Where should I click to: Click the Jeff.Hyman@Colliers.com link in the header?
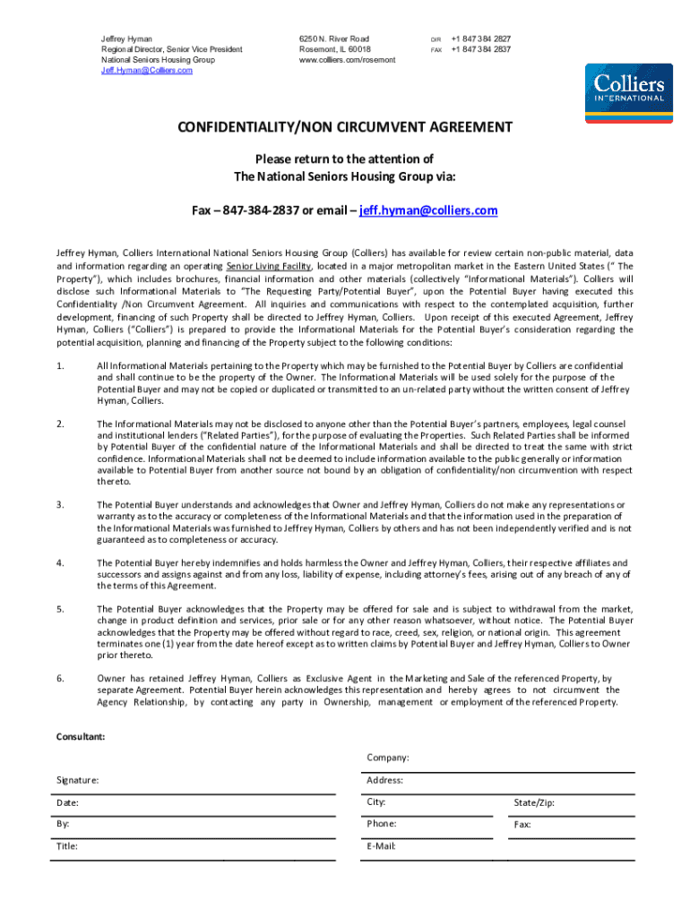coord(147,70)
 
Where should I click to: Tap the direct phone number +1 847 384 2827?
coord(481,39)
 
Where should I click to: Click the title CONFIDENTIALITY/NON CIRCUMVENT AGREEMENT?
coord(345,127)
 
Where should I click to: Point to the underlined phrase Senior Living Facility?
coord(269,266)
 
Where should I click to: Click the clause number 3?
coord(60,505)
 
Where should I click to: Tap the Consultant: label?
coord(81,736)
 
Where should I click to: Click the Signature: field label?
coord(78,780)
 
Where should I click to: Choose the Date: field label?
coord(66,802)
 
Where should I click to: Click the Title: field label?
coord(67,845)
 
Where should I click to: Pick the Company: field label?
coord(387,758)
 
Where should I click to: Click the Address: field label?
coord(384,780)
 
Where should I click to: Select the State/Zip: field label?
coord(534,802)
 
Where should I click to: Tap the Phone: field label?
coord(382,823)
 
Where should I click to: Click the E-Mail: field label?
coord(381,845)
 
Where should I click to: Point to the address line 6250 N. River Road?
coord(334,39)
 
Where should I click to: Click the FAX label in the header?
coord(437,50)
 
